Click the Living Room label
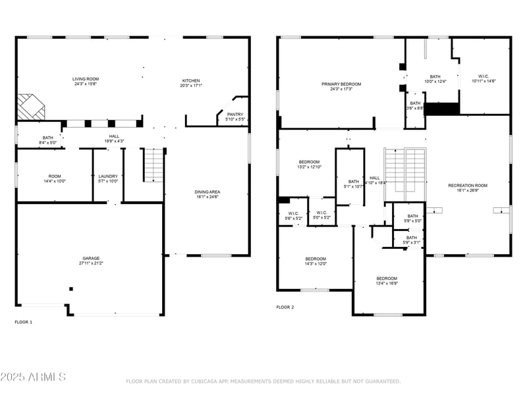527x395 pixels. [x=86, y=82]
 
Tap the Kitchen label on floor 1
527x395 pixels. [x=192, y=83]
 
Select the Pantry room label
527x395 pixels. [x=235, y=117]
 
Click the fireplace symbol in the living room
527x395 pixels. [x=30, y=106]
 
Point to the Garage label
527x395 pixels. [x=91, y=261]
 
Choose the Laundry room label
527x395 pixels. [x=108, y=178]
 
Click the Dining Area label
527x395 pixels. [x=207, y=194]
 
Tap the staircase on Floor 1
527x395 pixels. [x=153, y=165]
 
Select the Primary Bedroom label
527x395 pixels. [x=341, y=86]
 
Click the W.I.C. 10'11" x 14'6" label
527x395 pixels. [x=483, y=79]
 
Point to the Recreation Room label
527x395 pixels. [x=468, y=188]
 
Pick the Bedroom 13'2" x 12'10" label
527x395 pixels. [x=309, y=165]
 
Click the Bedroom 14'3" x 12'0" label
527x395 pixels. [x=316, y=261]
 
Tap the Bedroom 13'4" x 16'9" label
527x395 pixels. [x=387, y=280]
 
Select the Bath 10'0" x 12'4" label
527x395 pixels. [x=435, y=78]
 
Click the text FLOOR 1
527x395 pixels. [x=23, y=322]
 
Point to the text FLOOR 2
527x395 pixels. [x=285, y=307]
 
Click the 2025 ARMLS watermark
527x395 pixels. [x=33, y=377]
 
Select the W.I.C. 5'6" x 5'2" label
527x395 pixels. [x=293, y=215]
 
